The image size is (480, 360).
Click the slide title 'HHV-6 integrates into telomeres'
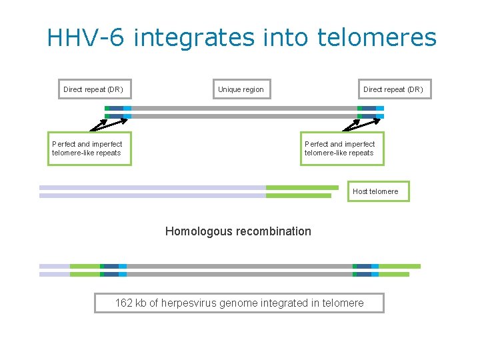(241, 37)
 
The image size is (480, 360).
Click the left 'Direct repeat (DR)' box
(93, 89)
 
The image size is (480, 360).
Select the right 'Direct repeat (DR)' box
(393, 89)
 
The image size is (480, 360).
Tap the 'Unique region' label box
(241, 89)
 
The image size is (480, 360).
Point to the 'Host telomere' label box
(375, 191)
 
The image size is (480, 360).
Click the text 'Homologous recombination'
(238, 231)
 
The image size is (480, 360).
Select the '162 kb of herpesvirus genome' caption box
(239, 303)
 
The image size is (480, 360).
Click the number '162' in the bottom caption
(123, 303)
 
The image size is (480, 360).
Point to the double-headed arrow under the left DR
(109, 123)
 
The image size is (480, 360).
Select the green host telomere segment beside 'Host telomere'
(301, 187)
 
